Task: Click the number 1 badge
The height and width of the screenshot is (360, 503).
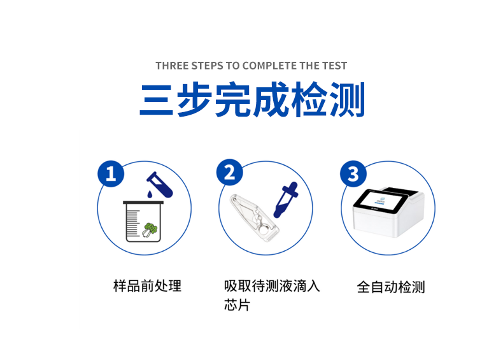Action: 111,173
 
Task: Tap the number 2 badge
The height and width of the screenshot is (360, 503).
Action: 230,173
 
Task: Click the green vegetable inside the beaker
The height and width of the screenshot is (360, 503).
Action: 150,229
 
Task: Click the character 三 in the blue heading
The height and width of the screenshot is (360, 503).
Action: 157,99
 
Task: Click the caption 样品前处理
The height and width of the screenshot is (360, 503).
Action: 147,285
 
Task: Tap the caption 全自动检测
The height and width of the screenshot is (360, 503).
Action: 390,287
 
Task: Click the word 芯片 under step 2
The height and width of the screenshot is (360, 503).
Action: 237,305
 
